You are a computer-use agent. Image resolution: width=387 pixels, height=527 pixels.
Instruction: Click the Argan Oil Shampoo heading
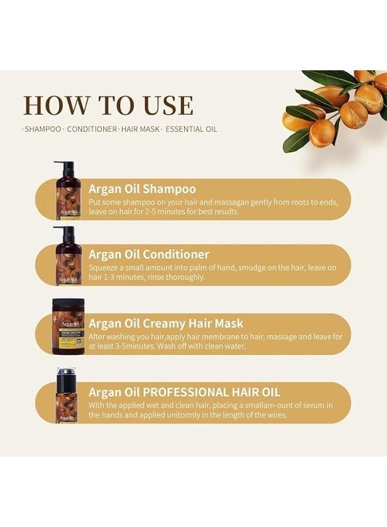[142, 189]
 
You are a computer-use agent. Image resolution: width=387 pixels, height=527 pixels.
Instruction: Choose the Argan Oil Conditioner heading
[148, 255]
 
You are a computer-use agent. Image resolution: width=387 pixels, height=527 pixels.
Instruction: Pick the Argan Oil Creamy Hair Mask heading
[165, 323]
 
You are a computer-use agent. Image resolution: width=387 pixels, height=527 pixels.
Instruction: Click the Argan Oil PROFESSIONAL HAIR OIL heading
[184, 392]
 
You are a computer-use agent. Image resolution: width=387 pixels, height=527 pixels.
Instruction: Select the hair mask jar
[68, 325]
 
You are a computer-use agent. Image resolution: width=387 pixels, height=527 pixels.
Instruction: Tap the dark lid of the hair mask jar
[68, 303]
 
